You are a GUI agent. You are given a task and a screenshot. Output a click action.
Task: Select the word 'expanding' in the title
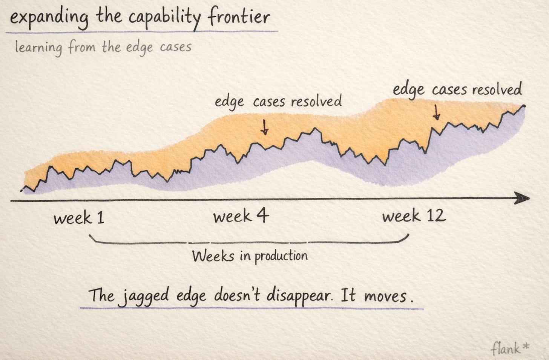click(49, 18)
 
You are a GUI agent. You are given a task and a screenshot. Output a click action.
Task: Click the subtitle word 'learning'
click(39, 48)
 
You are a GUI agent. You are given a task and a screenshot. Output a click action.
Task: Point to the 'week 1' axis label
click(79, 217)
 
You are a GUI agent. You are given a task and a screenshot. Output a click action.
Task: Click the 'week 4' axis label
click(241, 215)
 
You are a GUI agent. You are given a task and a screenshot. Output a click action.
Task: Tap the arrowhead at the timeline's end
click(522, 198)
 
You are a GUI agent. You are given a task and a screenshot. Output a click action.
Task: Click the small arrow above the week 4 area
click(264, 127)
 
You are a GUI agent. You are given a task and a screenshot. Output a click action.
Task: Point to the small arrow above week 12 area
click(436, 112)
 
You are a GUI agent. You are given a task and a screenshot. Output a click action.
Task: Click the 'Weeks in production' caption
click(250, 257)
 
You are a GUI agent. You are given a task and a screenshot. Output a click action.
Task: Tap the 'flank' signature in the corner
click(505, 348)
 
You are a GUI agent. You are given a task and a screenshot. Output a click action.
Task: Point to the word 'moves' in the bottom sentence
click(385, 296)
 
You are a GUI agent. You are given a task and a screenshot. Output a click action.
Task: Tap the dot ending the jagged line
click(524, 106)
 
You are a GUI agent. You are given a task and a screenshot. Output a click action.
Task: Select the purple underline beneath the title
click(142, 32)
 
